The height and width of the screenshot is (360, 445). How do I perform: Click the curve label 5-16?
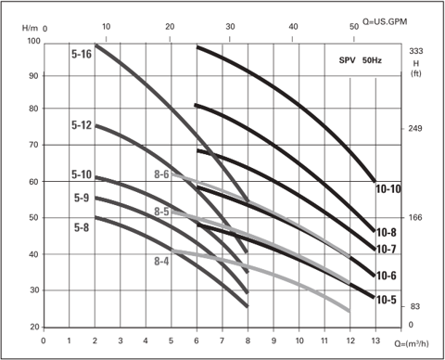point(82,54)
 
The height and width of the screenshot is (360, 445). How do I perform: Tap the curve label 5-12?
point(82,125)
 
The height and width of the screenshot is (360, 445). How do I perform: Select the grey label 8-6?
point(161,174)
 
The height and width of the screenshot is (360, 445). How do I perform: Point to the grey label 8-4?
point(161,262)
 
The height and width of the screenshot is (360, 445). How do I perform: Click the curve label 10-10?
point(388,189)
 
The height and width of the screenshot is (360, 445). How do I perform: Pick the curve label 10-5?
point(387,300)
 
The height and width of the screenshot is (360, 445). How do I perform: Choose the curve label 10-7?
point(387,249)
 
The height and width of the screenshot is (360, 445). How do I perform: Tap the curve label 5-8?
point(82,227)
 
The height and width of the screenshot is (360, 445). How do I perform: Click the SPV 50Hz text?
point(361,60)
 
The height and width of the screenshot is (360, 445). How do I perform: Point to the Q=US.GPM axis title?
point(385,21)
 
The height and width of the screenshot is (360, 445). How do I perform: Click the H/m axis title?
point(30,28)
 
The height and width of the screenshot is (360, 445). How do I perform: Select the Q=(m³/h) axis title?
point(412,343)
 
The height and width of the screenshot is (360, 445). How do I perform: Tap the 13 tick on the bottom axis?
point(375,341)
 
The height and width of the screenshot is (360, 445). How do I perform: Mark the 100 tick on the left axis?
point(34,41)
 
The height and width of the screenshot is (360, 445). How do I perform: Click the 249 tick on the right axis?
point(414,128)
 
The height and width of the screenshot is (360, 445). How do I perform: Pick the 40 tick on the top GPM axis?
point(293,27)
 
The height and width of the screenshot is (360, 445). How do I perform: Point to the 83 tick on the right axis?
point(414,306)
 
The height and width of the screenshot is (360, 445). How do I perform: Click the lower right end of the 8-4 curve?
point(350,311)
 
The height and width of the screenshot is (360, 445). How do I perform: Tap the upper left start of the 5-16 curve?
point(95,45)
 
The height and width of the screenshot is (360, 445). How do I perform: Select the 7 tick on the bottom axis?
point(222,341)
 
